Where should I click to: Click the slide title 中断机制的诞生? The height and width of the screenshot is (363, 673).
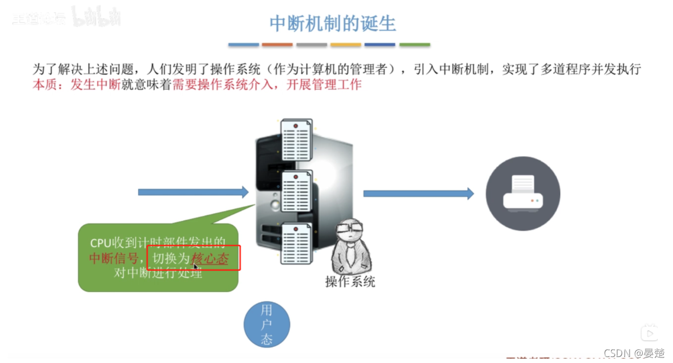333,23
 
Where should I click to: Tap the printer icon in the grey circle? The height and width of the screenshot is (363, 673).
523,194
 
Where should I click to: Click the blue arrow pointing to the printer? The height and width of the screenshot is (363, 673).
418,193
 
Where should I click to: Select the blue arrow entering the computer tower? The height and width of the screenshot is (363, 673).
193,192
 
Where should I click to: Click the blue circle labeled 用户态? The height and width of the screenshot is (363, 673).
266,325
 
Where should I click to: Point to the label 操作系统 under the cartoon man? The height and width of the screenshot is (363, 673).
350,281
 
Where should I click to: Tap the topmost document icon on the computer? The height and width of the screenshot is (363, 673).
296,140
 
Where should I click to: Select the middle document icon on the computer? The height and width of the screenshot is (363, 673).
296,192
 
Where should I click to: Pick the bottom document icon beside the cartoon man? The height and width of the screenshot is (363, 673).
296,243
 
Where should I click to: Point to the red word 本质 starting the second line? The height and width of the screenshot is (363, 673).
43,85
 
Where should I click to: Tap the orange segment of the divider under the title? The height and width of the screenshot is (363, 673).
277,45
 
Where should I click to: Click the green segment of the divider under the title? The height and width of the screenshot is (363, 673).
415,45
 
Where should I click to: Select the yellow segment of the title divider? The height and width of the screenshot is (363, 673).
346,45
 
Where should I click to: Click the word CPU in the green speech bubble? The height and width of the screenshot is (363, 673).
100,243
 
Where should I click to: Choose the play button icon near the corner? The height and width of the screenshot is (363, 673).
649,333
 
